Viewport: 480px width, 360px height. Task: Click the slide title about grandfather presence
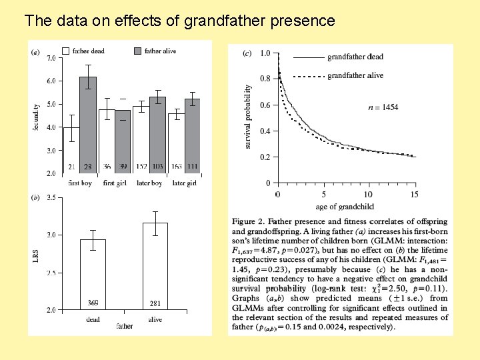point(179,21)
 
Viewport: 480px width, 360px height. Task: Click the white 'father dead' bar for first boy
point(71,150)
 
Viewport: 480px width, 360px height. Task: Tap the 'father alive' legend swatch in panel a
point(138,51)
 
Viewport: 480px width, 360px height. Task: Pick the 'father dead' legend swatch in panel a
point(66,51)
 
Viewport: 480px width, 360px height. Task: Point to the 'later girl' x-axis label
point(185,183)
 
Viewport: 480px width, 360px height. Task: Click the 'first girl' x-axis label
point(115,183)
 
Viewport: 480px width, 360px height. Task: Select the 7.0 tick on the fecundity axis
point(51,58)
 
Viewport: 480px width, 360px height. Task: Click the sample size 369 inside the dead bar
point(93,303)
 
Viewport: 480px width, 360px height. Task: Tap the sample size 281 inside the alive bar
point(155,303)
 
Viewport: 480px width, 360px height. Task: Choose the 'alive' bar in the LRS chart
point(155,267)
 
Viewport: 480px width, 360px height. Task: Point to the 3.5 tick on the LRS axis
point(51,198)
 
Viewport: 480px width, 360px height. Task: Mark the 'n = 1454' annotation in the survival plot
point(383,107)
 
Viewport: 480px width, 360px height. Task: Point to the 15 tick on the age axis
point(415,194)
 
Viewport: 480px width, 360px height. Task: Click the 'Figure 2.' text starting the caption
point(251,221)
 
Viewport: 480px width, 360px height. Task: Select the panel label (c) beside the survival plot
point(247,54)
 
